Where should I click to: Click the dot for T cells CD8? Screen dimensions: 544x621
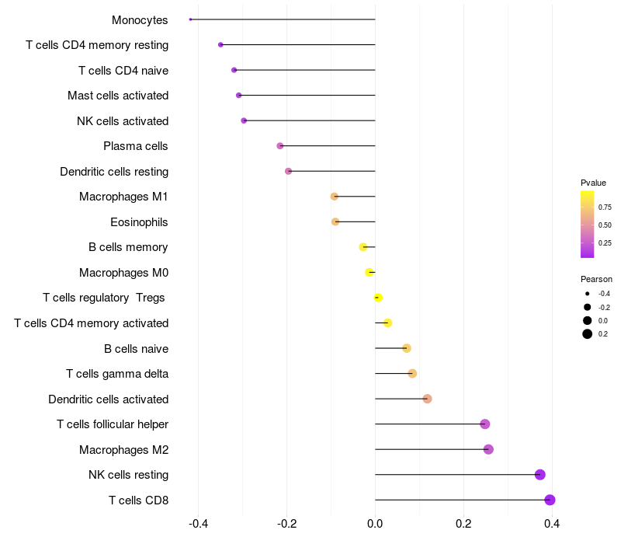550,500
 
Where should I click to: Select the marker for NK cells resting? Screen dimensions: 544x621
540,475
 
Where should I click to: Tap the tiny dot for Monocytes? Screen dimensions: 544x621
190,19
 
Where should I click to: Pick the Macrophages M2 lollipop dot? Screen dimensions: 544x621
488,449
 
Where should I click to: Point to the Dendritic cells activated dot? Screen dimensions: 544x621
427,399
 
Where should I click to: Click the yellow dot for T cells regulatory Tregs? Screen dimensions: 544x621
378,298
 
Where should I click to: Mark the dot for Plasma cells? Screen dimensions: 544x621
280,146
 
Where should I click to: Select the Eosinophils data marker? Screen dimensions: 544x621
335,221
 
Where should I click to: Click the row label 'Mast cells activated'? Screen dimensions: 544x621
118,96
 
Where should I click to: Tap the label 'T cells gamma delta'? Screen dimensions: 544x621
117,374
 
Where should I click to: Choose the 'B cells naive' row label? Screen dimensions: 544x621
136,348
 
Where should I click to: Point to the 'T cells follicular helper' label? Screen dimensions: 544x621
113,424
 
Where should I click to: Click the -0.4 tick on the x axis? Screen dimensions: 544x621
198,524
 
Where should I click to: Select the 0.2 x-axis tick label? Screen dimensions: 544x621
463,524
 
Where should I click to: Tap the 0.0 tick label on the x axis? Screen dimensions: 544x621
375,524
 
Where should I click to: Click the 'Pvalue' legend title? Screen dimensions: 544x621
593,183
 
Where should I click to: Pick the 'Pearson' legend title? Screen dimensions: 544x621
596,279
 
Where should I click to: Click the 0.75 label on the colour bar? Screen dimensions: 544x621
605,207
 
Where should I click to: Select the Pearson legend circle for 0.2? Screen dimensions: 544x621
588,334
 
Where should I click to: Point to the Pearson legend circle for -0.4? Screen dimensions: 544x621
588,294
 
